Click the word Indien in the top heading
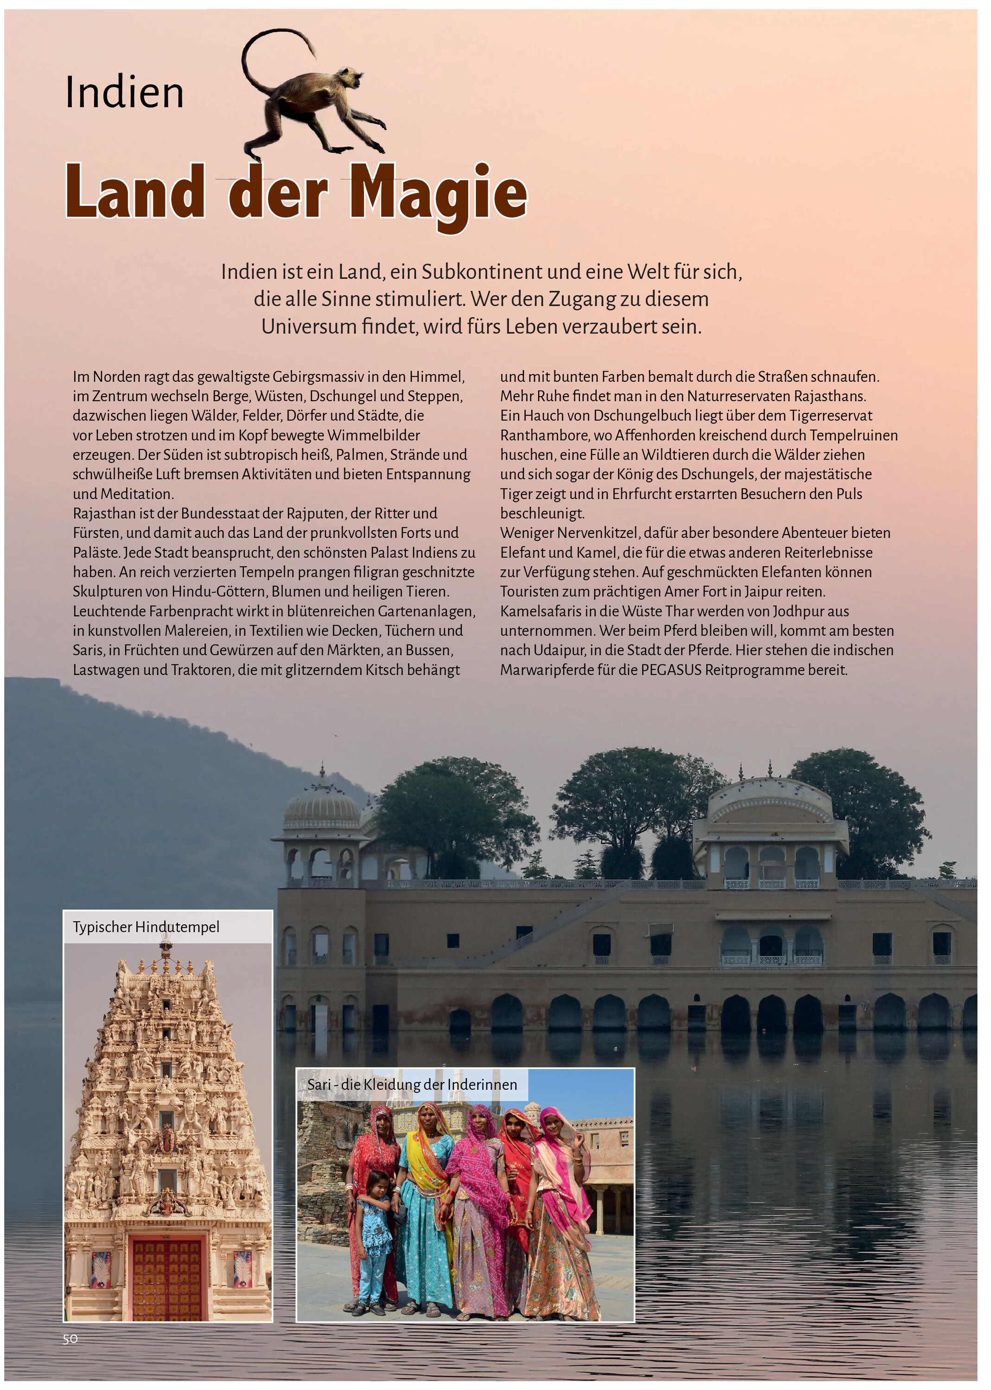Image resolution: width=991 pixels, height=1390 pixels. point(125,93)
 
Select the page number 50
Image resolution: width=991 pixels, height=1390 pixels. point(70,1339)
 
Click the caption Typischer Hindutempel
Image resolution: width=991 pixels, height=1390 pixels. point(146,927)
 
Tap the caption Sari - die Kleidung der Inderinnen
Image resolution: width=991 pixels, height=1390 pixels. point(412,1085)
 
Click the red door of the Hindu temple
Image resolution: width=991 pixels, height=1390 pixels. point(166,1278)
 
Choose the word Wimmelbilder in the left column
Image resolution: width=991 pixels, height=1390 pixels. point(374,436)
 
